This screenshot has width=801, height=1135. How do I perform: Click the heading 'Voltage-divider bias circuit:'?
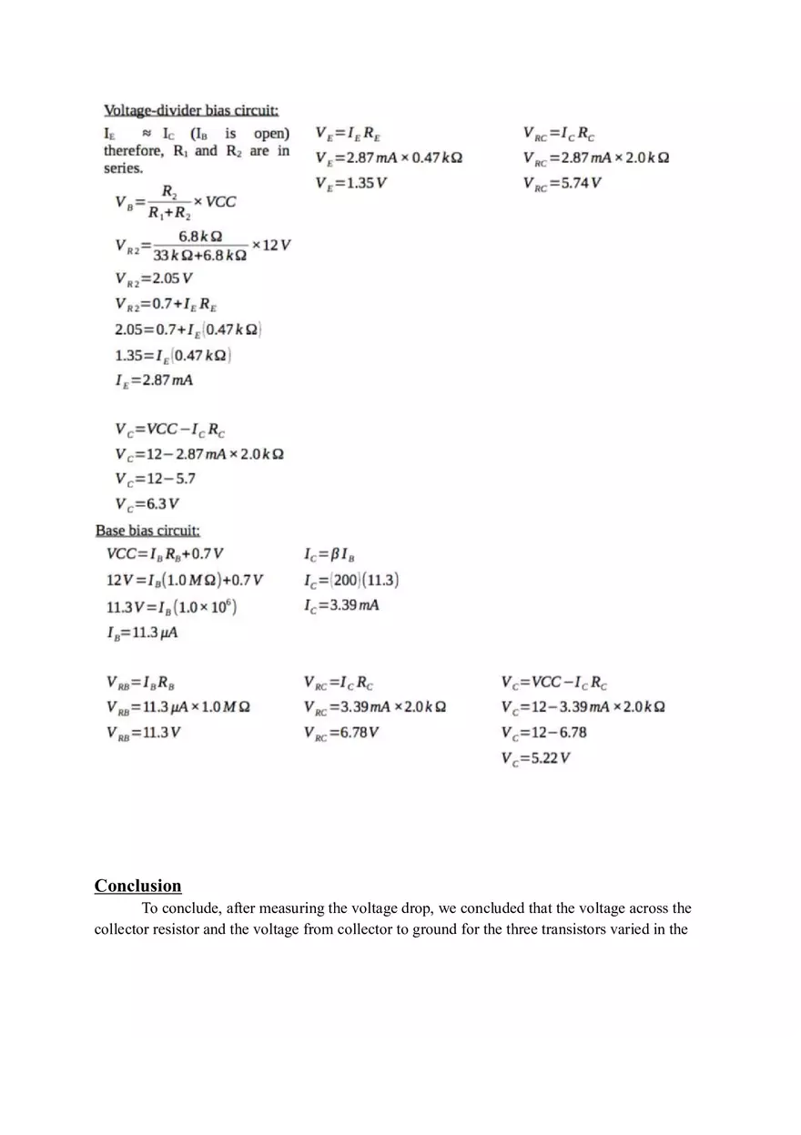pos(190,110)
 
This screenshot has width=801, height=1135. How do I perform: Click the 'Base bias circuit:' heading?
pos(147,530)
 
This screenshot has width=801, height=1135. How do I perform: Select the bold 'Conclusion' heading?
pos(137,886)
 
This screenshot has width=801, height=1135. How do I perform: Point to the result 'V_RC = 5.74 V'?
pos(562,183)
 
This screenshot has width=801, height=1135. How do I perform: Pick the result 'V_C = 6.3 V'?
pos(147,504)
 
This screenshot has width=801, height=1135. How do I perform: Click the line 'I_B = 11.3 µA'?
pos(142,633)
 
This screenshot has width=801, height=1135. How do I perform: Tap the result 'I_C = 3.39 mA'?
pos(341,605)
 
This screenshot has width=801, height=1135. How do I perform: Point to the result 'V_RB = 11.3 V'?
pos(143,733)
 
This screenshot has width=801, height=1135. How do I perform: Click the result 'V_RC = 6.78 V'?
pos(341,733)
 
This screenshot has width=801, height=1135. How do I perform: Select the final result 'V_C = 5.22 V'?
pos(535,758)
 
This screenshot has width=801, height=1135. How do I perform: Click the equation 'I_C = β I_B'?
pos(330,554)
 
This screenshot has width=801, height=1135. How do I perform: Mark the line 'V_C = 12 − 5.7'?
pos(155,479)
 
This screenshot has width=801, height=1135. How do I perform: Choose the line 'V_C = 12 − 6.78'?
pos(543,733)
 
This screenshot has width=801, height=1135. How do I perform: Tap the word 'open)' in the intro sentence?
pos(271,134)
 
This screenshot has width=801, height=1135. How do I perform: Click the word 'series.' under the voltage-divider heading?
pos(123,168)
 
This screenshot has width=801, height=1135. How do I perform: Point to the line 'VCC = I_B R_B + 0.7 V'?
pos(165,554)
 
